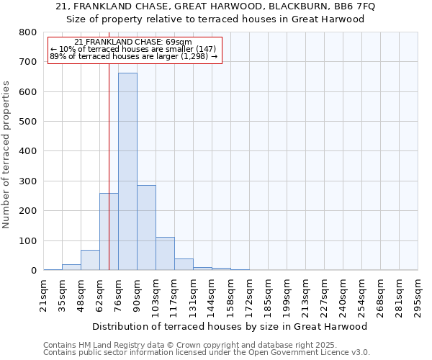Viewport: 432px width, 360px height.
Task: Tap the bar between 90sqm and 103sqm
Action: (146, 228)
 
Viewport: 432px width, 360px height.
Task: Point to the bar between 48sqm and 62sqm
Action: (90, 260)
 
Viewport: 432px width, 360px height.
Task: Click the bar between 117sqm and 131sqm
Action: (184, 264)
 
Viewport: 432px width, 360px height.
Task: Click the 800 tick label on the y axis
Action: (28, 32)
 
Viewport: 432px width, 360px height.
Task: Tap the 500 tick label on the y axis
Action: (28, 122)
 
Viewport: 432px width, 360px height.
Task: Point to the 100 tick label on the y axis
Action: (28, 240)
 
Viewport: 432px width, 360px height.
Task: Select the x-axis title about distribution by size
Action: (230, 326)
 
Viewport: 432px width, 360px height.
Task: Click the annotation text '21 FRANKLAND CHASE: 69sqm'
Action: (133, 42)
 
